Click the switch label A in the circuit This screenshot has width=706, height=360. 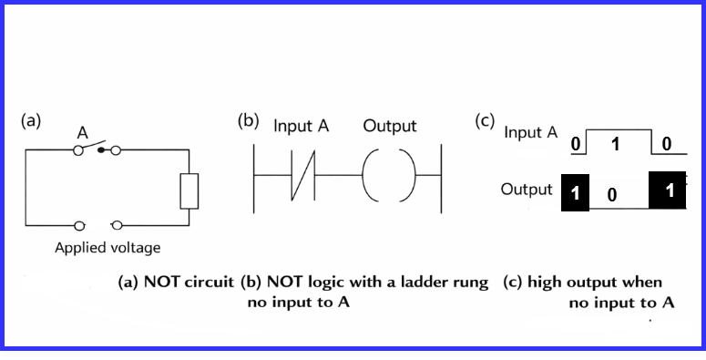(82, 133)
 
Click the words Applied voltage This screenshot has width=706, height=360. (108, 247)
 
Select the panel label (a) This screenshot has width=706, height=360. (32, 119)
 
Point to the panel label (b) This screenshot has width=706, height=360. (249, 121)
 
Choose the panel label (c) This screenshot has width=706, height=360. (485, 121)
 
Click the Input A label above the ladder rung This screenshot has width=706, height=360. (301, 126)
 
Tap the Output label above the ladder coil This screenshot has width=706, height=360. (389, 126)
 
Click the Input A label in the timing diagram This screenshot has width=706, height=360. (530, 132)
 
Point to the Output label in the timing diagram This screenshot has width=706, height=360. (526, 190)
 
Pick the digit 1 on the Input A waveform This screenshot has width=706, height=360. (616, 143)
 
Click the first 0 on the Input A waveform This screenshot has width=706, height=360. (575, 144)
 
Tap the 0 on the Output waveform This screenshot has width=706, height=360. (612, 194)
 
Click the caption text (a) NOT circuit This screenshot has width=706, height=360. (177, 283)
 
